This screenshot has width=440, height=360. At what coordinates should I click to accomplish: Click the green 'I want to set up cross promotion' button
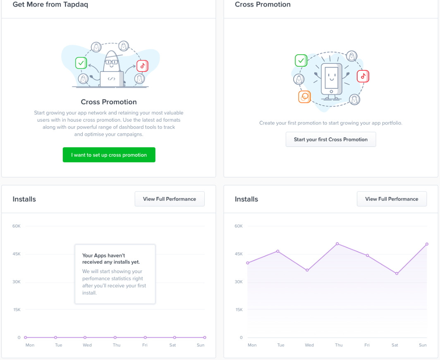click(109, 155)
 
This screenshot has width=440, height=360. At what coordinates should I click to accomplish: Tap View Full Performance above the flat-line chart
click(170, 199)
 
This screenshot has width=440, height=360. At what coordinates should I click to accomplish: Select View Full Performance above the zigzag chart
click(392, 199)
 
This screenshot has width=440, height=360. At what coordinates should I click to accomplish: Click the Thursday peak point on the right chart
click(337, 244)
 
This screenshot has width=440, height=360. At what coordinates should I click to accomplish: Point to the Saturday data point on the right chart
click(397, 274)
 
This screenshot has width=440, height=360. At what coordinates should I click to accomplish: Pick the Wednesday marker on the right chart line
click(307, 270)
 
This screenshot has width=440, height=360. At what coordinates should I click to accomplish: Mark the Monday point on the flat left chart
click(26, 338)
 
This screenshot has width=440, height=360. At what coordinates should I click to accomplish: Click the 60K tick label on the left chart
click(17, 226)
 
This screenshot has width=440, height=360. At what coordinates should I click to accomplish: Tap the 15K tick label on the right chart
click(239, 310)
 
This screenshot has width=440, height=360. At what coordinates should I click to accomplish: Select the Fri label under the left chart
click(145, 345)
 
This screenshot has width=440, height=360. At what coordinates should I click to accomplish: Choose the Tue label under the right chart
click(281, 345)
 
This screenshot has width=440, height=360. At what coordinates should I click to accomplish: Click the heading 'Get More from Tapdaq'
click(50, 5)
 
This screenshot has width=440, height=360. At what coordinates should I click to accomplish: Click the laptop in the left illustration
click(112, 79)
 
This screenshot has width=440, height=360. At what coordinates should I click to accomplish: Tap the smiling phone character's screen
click(331, 78)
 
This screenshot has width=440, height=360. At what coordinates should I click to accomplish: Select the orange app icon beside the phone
click(304, 97)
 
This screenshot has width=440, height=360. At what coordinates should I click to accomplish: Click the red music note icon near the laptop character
click(143, 66)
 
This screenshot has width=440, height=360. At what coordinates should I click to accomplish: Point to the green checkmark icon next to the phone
click(301, 60)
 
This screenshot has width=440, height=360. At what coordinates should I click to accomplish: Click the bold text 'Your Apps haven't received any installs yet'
click(111, 259)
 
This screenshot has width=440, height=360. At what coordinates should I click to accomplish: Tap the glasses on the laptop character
click(111, 62)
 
